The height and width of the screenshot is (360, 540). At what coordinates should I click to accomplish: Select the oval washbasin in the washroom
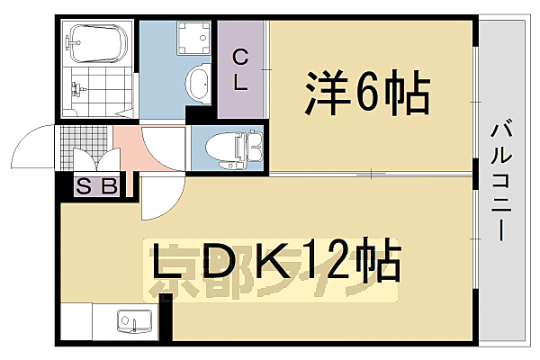pyautogui.click(x=197, y=86)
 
